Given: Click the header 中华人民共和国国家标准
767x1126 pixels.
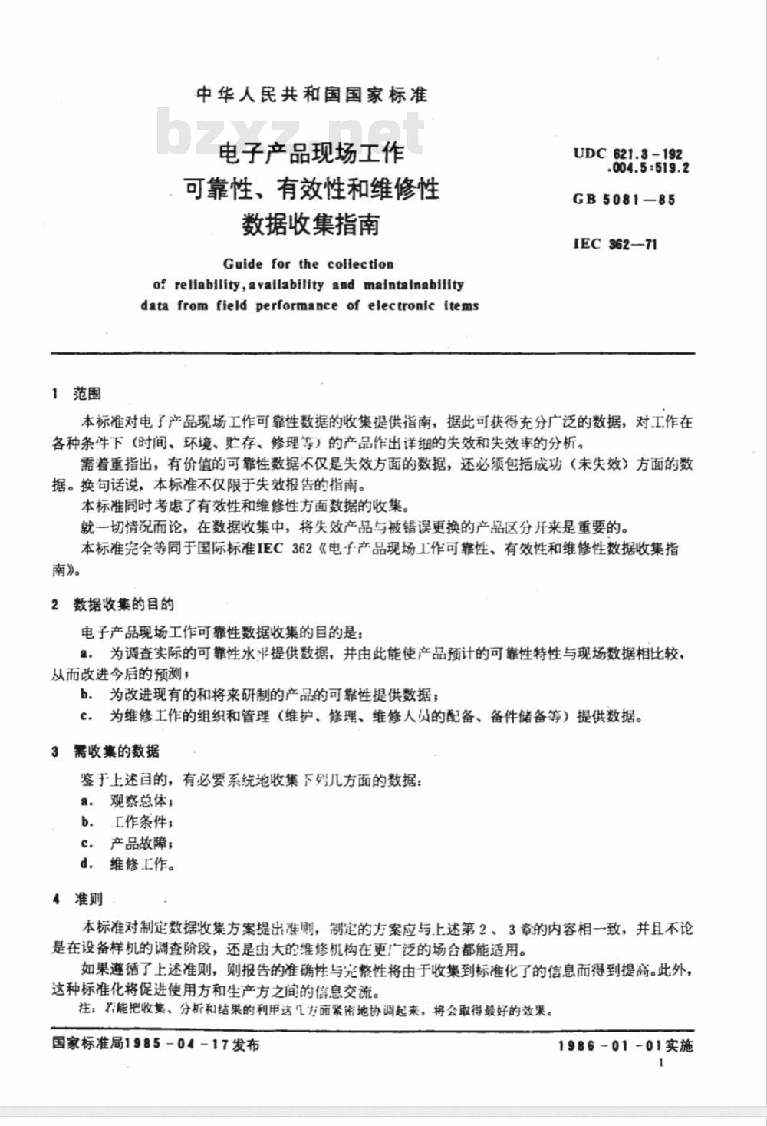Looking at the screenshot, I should coord(311,95).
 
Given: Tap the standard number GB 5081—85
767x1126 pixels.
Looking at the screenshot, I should coord(624,200).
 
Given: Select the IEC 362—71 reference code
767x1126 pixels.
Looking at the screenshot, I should coord(614,244).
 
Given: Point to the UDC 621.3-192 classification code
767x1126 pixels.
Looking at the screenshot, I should coord(627,154).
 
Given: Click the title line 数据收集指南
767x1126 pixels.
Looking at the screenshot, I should coord(311,224).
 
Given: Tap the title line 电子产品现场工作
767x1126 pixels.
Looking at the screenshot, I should coord(311,153).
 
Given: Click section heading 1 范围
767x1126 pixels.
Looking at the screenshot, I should coord(76,394).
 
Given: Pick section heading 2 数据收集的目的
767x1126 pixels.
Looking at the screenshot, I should coord(113,604).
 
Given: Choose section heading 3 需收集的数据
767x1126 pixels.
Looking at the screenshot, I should coord(106,751).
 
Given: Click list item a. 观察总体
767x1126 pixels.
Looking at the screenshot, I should coord(127,801).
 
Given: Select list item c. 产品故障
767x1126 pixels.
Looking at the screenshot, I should coord(127,843).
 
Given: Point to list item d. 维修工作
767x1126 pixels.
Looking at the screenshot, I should coord(127,864).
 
